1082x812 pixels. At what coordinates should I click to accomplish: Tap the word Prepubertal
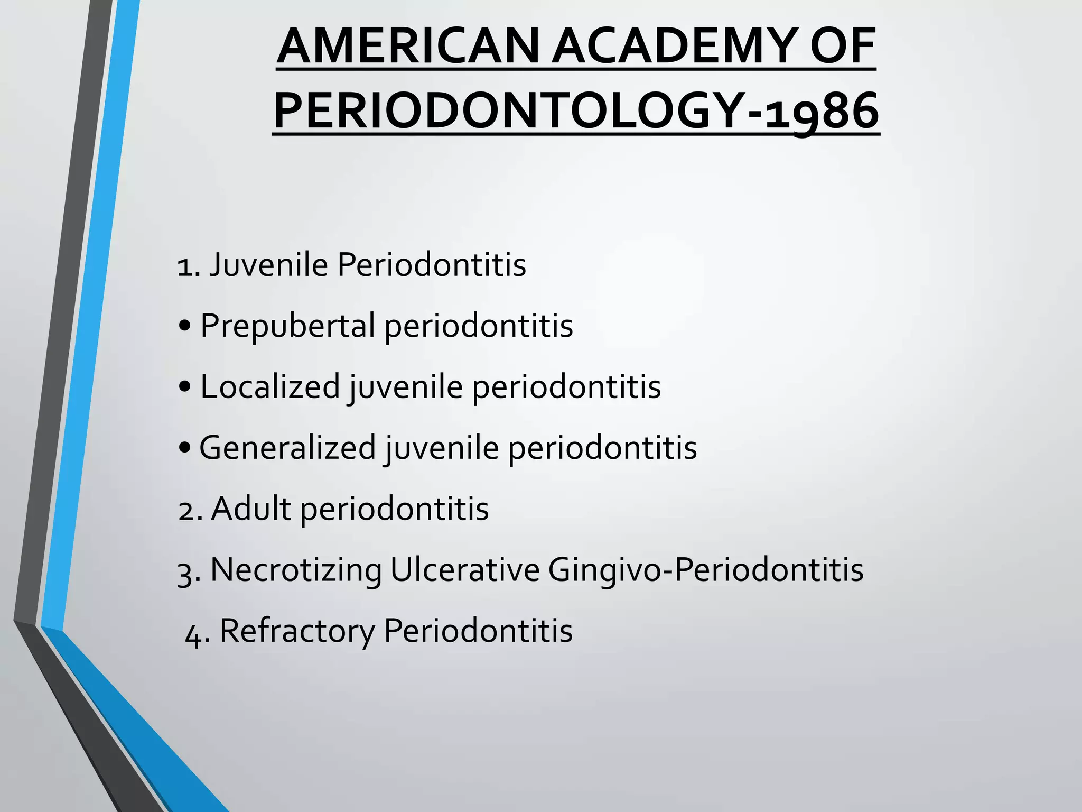pos(287,326)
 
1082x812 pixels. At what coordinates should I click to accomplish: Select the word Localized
pos(270,386)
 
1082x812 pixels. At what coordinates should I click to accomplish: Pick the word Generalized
pos(287,448)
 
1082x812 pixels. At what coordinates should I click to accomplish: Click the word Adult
pos(251,509)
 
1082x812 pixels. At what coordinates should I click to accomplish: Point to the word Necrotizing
pos(296,570)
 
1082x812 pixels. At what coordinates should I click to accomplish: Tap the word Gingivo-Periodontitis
pos(706,570)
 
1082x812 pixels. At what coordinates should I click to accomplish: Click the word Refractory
pos(297,631)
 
